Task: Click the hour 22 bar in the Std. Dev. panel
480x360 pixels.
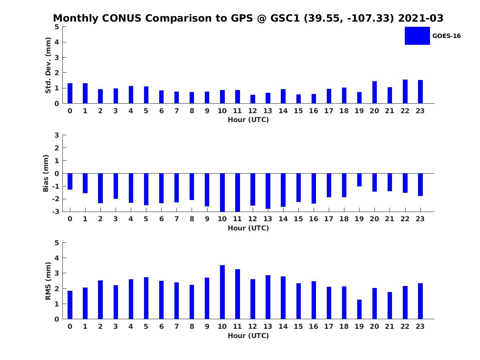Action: pyautogui.click(x=405, y=91)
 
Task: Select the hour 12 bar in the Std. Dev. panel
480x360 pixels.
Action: pyautogui.click(x=252, y=99)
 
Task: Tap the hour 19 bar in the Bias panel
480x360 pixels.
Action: pyautogui.click(x=359, y=180)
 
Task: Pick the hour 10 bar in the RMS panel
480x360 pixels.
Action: pyautogui.click(x=222, y=292)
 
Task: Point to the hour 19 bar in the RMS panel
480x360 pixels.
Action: pyautogui.click(x=359, y=309)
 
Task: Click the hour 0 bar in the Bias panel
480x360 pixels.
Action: pyautogui.click(x=70, y=182)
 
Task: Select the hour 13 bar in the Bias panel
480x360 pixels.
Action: pyautogui.click(x=268, y=191)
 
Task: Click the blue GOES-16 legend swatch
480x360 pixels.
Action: pyautogui.click(x=417, y=36)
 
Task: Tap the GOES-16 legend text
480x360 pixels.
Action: pyautogui.click(x=446, y=36)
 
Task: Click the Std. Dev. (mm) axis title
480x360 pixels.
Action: pyautogui.click(x=48, y=65)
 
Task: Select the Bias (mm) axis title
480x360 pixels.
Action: pyautogui.click(x=46, y=173)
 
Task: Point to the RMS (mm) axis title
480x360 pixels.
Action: pyautogui.click(x=48, y=281)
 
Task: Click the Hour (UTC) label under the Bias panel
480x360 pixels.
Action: pyautogui.click(x=248, y=228)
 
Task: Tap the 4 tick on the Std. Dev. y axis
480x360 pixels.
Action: pyautogui.click(x=57, y=42)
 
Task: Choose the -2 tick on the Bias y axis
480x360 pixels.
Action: pyautogui.click(x=56, y=199)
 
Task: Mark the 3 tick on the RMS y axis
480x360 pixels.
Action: pyautogui.click(x=57, y=273)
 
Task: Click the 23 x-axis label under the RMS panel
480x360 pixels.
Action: pyautogui.click(x=420, y=326)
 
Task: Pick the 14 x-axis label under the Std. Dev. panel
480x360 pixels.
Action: pyautogui.click(x=283, y=111)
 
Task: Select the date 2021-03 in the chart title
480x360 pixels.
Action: pyautogui.click(x=421, y=18)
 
